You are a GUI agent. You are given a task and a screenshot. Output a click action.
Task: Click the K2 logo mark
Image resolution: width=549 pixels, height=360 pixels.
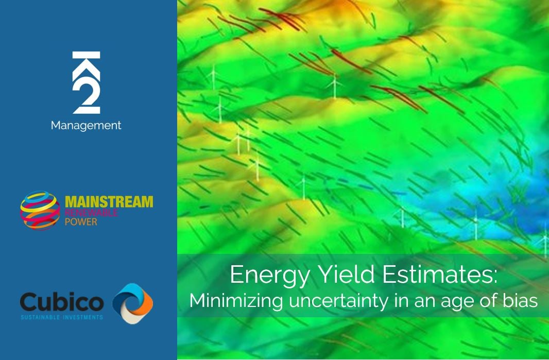click(86, 82)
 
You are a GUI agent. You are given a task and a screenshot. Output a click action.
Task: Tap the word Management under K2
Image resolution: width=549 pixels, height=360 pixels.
click(86, 125)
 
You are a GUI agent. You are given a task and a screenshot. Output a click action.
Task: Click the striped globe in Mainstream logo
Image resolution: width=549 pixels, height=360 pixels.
click(40, 211)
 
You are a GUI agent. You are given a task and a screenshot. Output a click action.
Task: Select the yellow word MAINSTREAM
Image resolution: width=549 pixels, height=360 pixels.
click(109, 202)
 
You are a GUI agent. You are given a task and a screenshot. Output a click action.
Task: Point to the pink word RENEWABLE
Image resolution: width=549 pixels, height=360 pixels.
click(91, 213)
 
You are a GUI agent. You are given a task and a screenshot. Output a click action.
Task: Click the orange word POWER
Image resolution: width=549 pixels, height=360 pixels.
click(81, 221)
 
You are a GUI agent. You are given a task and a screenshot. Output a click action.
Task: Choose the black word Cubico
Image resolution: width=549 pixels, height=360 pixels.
click(62, 302)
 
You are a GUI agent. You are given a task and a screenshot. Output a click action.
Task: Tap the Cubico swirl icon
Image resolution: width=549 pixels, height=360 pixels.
click(133, 303)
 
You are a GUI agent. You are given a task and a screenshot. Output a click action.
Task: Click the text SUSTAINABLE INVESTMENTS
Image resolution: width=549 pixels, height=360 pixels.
click(62, 317)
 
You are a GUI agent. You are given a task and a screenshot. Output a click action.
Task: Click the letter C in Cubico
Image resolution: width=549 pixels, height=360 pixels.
click(29, 302)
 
